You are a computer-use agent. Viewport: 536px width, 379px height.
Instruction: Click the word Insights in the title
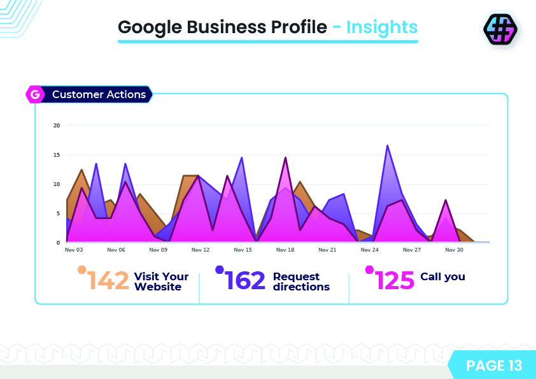pyautogui.click(x=382, y=27)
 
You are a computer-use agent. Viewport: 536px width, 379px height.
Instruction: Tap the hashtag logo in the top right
pyautogui.click(x=500, y=29)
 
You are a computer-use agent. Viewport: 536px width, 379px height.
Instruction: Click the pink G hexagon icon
pyautogui.click(x=35, y=95)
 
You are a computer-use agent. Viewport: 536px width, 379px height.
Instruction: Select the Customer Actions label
pyautogui.click(x=99, y=95)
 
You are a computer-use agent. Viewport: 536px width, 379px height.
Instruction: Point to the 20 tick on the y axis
pyautogui.click(x=57, y=125)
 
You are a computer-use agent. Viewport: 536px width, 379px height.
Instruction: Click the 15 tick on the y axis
pyautogui.click(x=57, y=155)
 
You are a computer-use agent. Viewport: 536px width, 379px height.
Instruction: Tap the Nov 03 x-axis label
pyautogui.click(x=74, y=250)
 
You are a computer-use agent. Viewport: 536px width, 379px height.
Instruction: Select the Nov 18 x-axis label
pyautogui.click(x=285, y=250)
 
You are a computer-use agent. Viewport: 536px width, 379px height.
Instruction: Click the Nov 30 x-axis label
pyautogui.click(x=455, y=250)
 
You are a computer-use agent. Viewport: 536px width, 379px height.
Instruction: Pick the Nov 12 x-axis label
pyautogui.click(x=201, y=250)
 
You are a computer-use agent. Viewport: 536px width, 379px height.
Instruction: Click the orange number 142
pyautogui.click(x=108, y=280)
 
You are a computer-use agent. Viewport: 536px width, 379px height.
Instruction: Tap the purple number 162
pyautogui.click(x=245, y=280)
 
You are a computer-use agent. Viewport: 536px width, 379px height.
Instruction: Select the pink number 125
pyautogui.click(x=395, y=280)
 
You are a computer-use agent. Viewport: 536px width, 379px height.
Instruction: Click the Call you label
pyautogui.click(x=442, y=276)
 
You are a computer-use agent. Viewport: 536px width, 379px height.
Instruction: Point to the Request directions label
pyautogui.click(x=301, y=282)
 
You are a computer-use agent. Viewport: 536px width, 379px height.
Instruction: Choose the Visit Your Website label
pyautogui.click(x=161, y=282)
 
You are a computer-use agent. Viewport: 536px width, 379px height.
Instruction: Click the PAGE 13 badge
pyautogui.click(x=493, y=365)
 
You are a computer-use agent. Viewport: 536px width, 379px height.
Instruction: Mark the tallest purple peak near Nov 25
pyautogui.click(x=387, y=146)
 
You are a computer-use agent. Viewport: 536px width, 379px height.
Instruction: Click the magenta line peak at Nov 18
pyautogui.click(x=285, y=157)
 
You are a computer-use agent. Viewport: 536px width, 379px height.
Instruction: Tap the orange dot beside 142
pyautogui.click(x=81, y=269)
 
